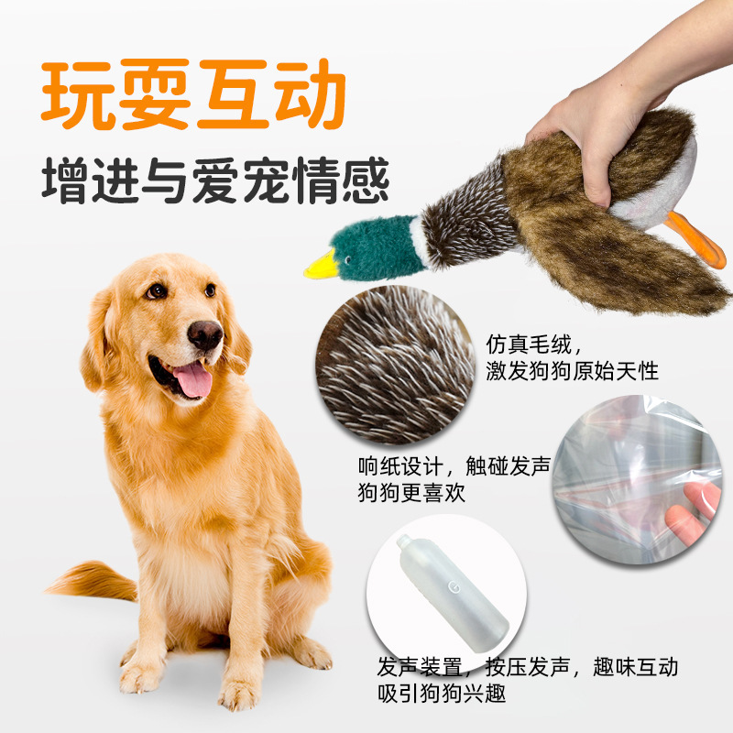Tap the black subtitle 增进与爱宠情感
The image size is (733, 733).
point(215,181)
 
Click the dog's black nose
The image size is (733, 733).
point(205,335)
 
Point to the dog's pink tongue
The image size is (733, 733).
point(193,378)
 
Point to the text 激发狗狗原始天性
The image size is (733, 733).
point(573,371)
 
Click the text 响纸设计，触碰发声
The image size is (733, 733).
point(454,467)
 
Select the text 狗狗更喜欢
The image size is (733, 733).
point(412,493)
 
